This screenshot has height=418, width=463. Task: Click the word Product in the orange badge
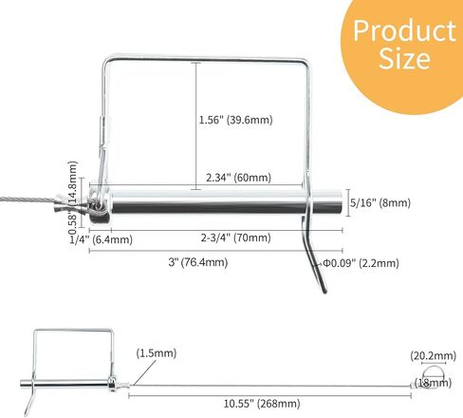[404, 30]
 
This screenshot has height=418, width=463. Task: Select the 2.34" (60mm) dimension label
[238, 178]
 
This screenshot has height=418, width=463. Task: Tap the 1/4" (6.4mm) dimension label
[100, 239]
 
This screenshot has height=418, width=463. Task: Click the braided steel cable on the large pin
[33, 199]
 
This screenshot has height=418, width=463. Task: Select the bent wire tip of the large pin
[316, 266]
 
